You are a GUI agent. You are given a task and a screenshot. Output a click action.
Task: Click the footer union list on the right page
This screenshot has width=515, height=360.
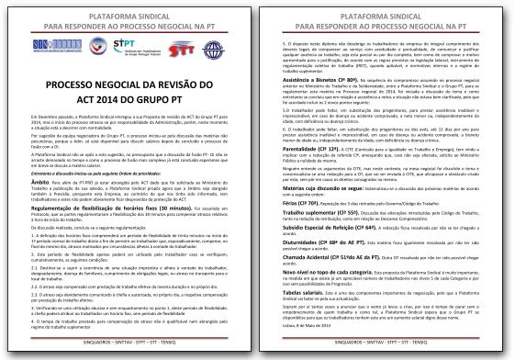(386, 351)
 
